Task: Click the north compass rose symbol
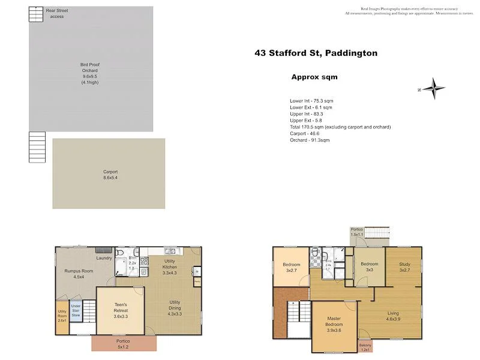[433, 88]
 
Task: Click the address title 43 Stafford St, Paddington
[316, 53]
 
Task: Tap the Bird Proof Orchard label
[90, 73]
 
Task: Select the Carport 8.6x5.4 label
[110, 175]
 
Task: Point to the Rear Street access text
[56, 14]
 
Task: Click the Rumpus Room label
[78, 274]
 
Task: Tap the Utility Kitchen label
[174, 270]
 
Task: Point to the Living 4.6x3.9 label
[393, 316]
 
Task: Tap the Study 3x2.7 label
[404, 266]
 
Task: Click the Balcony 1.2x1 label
[366, 347]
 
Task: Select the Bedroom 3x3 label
[370, 266]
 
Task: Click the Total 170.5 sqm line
[340, 127]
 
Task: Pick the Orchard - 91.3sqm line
[310, 140]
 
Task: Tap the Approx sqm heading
[314, 77]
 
